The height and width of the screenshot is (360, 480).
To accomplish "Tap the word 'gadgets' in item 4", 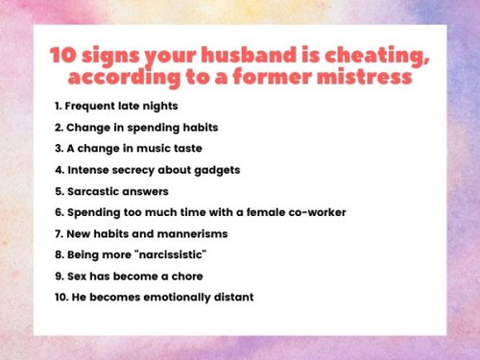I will point(211,169).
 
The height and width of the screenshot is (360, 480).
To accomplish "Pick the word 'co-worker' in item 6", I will point(311,212).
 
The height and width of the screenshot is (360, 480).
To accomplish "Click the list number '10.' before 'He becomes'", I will point(60,297).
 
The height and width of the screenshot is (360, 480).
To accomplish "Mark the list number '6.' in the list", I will point(59,212).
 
